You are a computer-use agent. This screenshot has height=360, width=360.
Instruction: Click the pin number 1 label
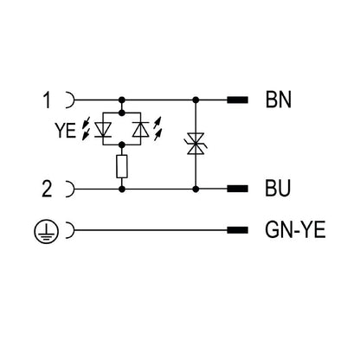coord(48,100)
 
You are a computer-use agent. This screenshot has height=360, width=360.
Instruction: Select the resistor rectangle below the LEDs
coord(124,166)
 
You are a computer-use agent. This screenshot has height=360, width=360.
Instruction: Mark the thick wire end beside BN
coord(235,100)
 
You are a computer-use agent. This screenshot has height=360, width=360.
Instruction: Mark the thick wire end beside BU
coord(235,188)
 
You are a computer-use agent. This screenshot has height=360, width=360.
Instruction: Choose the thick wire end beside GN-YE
coord(235,231)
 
